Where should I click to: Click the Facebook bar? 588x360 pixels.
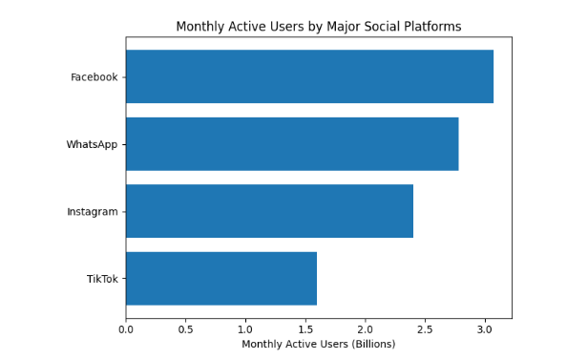(309, 76)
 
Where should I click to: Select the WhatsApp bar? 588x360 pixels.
(292, 144)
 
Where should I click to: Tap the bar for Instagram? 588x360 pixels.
(269, 211)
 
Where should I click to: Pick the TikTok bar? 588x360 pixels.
(220, 279)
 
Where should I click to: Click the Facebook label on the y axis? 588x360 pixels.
(94, 77)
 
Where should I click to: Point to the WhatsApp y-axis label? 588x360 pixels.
(92, 144)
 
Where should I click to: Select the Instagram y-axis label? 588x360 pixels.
(92, 212)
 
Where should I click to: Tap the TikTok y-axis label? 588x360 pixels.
(102, 279)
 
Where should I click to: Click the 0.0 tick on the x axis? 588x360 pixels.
(126, 329)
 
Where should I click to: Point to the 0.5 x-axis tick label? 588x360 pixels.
(185, 329)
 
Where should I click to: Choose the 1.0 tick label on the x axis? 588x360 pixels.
(245, 329)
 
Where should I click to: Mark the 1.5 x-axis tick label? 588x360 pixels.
(305, 329)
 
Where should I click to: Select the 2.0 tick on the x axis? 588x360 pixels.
(366, 329)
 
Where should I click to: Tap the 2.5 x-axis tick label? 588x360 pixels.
(426, 329)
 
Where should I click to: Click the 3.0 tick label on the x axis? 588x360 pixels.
(485, 329)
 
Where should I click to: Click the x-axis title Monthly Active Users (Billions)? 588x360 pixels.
(318, 344)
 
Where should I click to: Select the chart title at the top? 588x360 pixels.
(318, 27)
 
